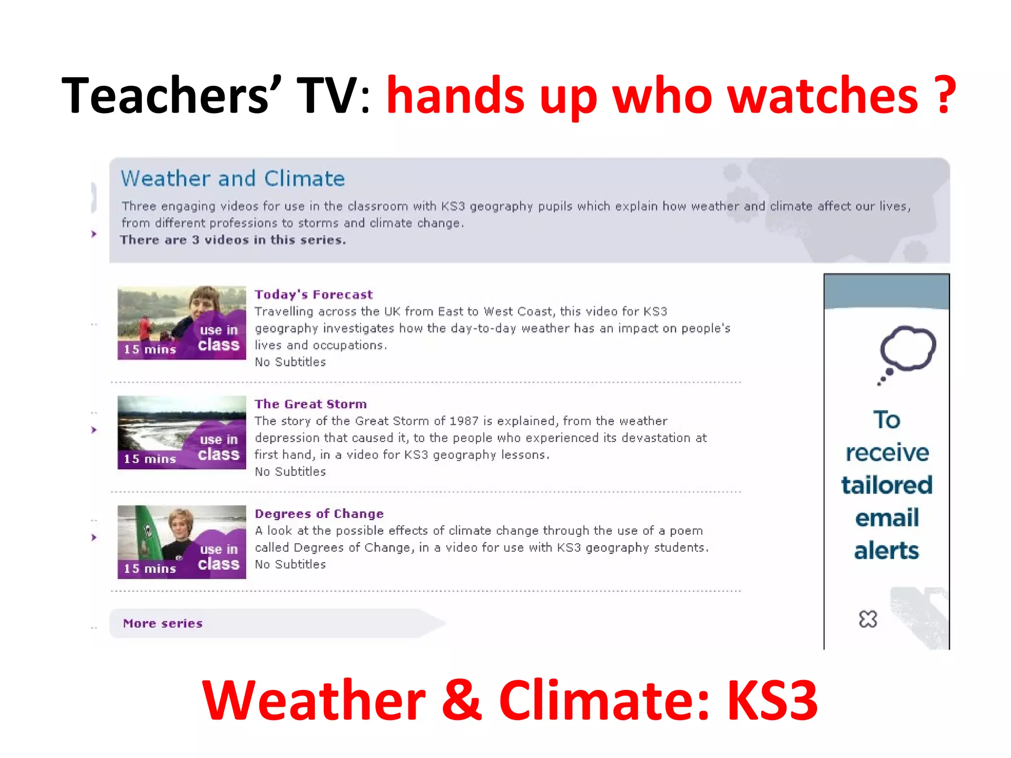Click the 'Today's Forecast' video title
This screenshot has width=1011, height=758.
click(313, 295)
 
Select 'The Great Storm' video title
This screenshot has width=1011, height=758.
click(311, 404)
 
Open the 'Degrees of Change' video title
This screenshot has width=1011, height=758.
click(319, 514)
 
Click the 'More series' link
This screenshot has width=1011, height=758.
click(163, 623)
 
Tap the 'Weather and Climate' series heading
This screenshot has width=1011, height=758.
click(233, 179)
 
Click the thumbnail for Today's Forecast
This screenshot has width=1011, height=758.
click(182, 323)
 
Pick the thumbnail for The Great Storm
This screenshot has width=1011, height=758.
click(182, 432)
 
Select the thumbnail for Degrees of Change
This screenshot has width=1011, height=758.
click(182, 542)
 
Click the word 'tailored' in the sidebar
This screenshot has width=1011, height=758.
click(887, 485)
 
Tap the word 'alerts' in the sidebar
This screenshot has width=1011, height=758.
click(887, 551)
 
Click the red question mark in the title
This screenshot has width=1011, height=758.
click(945, 95)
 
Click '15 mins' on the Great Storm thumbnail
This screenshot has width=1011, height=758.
click(150, 459)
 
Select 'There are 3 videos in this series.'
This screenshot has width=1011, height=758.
click(233, 240)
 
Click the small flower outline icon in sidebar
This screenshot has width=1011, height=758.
click(868, 619)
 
